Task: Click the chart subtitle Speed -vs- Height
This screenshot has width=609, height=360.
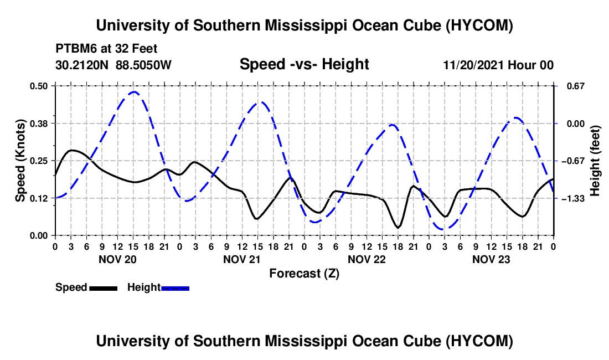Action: [x=304, y=64]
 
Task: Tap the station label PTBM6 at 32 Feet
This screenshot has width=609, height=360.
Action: [x=106, y=49]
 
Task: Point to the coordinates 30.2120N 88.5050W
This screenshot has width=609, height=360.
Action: [x=113, y=65]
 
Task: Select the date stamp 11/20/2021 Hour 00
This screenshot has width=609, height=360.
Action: [x=498, y=65]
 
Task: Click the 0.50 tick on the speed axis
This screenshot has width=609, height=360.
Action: [x=38, y=86]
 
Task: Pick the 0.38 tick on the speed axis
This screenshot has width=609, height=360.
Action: [x=38, y=124]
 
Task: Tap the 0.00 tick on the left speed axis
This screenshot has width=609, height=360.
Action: [x=38, y=236]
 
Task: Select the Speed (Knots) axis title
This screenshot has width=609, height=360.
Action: [x=20, y=161]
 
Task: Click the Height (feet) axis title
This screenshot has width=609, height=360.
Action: [x=595, y=161]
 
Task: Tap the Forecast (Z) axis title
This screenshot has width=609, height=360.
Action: [x=304, y=274]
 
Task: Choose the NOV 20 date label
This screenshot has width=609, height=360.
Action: [x=117, y=259]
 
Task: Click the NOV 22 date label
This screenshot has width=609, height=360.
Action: [x=367, y=259]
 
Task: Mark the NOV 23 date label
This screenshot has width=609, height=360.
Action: [x=491, y=259]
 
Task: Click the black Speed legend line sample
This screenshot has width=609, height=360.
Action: [x=104, y=289]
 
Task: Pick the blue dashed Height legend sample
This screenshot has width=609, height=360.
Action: [x=175, y=289]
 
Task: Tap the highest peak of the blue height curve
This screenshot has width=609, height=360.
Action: [x=134, y=92]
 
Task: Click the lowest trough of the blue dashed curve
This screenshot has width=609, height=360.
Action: [x=443, y=229]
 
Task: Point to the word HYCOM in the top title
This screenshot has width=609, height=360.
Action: [x=479, y=25]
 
